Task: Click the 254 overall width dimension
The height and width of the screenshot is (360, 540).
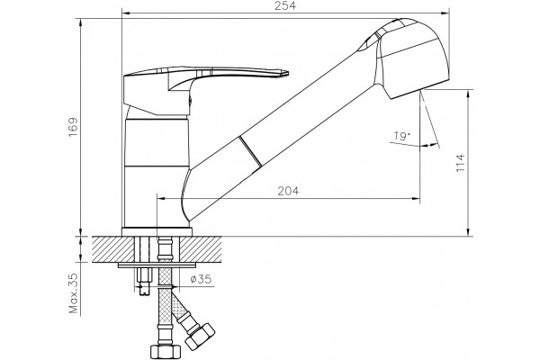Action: [x=285, y=6]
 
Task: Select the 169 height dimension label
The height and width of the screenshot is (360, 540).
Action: [x=73, y=128]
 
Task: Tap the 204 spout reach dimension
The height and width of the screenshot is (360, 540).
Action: [x=288, y=191]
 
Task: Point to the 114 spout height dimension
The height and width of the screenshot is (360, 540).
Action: [x=460, y=163]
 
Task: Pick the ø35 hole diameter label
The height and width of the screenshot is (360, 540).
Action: [x=201, y=279]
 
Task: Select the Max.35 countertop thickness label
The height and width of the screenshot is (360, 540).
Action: [x=74, y=293]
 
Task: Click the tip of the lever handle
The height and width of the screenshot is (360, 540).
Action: [x=288, y=73]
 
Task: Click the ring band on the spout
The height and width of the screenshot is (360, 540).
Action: [x=250, y=152]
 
